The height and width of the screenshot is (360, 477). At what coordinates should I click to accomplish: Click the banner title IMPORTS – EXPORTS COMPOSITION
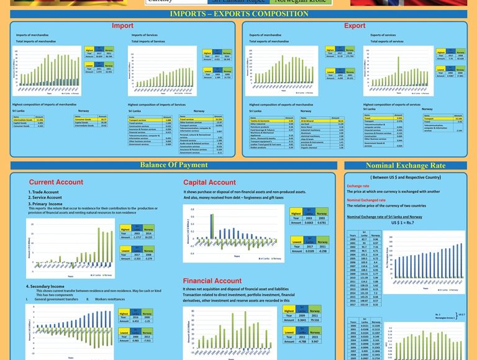239,14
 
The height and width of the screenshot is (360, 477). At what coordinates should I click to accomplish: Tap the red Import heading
122,26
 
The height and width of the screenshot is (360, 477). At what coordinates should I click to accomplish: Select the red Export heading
355,26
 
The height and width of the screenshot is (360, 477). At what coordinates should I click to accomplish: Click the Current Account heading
56,182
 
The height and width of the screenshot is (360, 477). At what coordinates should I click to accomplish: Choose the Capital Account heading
209,182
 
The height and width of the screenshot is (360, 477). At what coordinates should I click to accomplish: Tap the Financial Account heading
213,281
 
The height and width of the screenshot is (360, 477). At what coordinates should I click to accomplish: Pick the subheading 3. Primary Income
47,203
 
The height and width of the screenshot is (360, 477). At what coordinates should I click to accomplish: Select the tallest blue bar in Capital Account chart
212,226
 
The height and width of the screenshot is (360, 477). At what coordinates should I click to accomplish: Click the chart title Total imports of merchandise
36,42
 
